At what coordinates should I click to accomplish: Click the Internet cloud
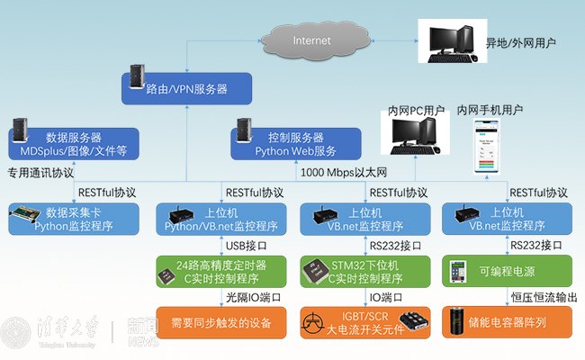312,40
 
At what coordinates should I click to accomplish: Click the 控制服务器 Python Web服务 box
296,144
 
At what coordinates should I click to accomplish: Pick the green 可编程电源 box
507,271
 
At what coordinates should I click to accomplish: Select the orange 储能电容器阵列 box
507,322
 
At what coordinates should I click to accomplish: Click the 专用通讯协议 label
41,172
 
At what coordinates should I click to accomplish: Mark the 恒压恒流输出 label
542,297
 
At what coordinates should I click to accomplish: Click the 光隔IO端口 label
254,297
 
